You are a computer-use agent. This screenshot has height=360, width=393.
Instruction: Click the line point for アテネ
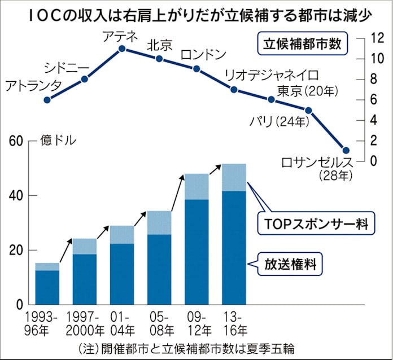click(x=121, y=49)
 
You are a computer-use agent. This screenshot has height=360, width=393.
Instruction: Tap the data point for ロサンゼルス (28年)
click(x=346, y=151)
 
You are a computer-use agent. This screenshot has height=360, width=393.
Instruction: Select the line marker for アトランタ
click(x=47, y=100)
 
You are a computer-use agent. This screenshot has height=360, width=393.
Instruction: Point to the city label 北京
click(x=158, y=45)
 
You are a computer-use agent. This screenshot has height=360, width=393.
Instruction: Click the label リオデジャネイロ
click(x=271, y=75)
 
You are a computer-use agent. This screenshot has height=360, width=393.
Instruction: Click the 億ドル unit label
click(x=57, y=141)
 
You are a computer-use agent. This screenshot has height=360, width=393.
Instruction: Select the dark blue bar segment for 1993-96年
click(x=47, y=288)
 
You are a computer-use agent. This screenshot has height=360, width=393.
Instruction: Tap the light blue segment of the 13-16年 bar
click(x=234, y=177)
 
